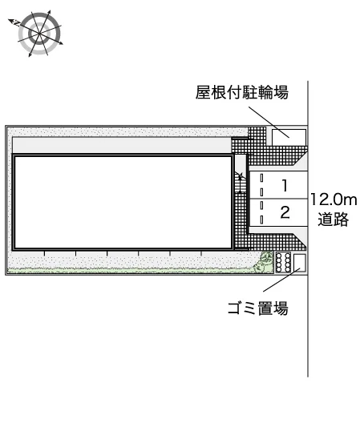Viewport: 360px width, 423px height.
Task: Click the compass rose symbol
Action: (39, 34)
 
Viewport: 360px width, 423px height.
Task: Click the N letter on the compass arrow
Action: (17, 24)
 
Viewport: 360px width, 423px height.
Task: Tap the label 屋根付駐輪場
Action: (241, 92)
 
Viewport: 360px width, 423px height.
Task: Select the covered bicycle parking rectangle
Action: (289, 137)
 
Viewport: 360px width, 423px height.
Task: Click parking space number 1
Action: (285, 186)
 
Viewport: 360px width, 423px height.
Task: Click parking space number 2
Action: (285, 212)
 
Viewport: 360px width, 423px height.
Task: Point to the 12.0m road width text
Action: (334, 199)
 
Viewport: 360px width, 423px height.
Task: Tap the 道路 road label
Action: (334, 219)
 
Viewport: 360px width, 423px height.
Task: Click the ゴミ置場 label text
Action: (258, 308)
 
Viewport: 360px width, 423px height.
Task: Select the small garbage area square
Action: (300, 263)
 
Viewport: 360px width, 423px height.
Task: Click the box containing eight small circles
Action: (283, 262)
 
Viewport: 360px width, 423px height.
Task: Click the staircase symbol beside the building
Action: (240, 183)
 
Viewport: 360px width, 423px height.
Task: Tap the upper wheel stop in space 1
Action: (261, 178)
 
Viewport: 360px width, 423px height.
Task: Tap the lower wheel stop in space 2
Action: (261, 220)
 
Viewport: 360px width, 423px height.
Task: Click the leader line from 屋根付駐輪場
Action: (269, 123)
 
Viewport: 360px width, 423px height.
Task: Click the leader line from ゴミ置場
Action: (281, 280)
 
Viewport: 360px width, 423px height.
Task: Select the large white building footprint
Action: (123, 203)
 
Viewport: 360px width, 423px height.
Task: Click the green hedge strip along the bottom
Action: (132, 270)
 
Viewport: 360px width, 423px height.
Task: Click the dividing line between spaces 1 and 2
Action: (278, 199)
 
